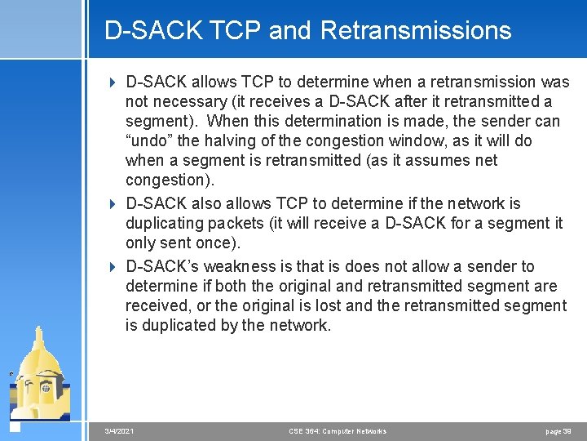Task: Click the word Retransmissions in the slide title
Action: (416, 30)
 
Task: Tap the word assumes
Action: (432, 161)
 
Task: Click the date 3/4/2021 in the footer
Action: (120, 431)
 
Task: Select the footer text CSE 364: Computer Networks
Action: (338, 431)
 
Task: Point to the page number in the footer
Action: (558, 431)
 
